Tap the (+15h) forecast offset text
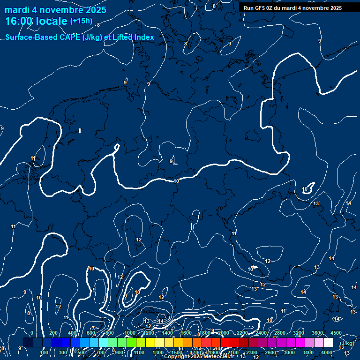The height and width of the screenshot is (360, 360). pyautogui.click(x=81, y=21)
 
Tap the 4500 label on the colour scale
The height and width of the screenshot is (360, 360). pyautogui.click(x=336, y=333)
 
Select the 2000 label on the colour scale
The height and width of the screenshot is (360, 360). pyautogui.click(x=223, y=333)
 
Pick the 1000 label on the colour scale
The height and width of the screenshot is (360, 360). pyautogui.click(x=129, y=333)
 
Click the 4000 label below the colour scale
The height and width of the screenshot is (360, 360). pyautogui.click(x=327, y=352)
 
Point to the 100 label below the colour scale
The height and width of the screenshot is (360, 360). pyautogui.click(x=45, y=352)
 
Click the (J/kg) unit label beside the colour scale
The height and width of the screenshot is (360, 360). pyautogui.click(x=346, y=343)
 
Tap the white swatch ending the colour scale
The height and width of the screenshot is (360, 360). pyautogui.click(x=328, y=343)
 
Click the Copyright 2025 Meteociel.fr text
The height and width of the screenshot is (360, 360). pyautogui.click(x=199, y=357)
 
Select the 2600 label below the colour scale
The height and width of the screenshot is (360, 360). pyautogui.click(x=270, y=352)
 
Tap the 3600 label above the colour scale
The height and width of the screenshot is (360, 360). pyautogui.click(x=317, y=333)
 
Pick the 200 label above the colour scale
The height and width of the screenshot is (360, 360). pyautogui.click(x=53, y=333)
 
